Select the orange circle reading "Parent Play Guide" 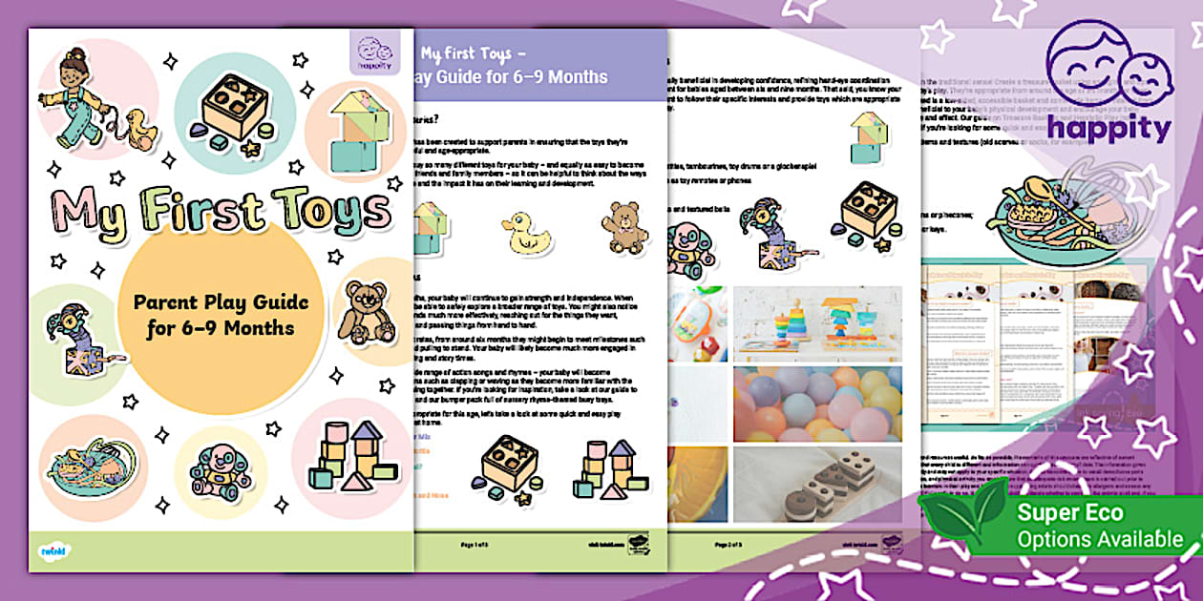coord(221,315)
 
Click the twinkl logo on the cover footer coord(53,549)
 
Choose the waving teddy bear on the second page coord(625,227)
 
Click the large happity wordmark coord(1108,129)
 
